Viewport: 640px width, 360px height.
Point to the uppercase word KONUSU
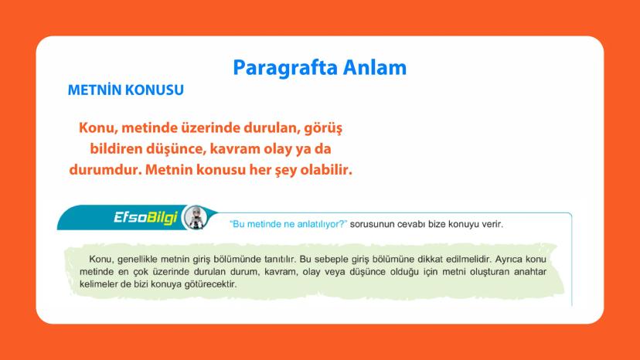click(x=158, y=90)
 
